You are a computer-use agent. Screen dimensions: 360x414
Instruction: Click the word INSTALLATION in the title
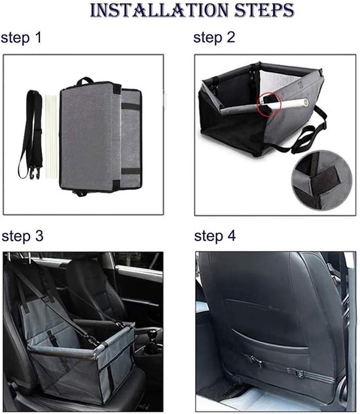[x=159, y=10]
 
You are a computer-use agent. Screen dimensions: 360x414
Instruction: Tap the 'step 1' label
[x=22, y=37]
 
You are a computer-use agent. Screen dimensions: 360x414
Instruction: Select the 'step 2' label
[x=214, y=37]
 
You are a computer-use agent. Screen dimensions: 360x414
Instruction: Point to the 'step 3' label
[x=22, y=236]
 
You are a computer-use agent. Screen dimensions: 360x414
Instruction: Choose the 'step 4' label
[x=215, y=236]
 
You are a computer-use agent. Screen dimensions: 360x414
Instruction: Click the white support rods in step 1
[x=52, y=137]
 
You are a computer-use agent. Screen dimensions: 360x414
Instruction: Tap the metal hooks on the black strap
[x=35, y=173]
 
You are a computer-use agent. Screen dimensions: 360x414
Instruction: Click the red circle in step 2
[x=269, y=105]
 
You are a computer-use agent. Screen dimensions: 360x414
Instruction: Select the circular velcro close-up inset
[x=322, y=180]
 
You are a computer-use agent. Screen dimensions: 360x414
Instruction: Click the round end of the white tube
[x=306, y=102]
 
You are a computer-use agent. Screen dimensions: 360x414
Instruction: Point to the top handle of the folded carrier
[x=85, y=81]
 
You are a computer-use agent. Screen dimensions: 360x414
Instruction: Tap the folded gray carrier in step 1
[x=101, y=137]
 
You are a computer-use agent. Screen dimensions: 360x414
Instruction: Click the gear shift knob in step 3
[x=152, y=335]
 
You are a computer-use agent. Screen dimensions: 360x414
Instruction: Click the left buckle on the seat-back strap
[x=254, y=360]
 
